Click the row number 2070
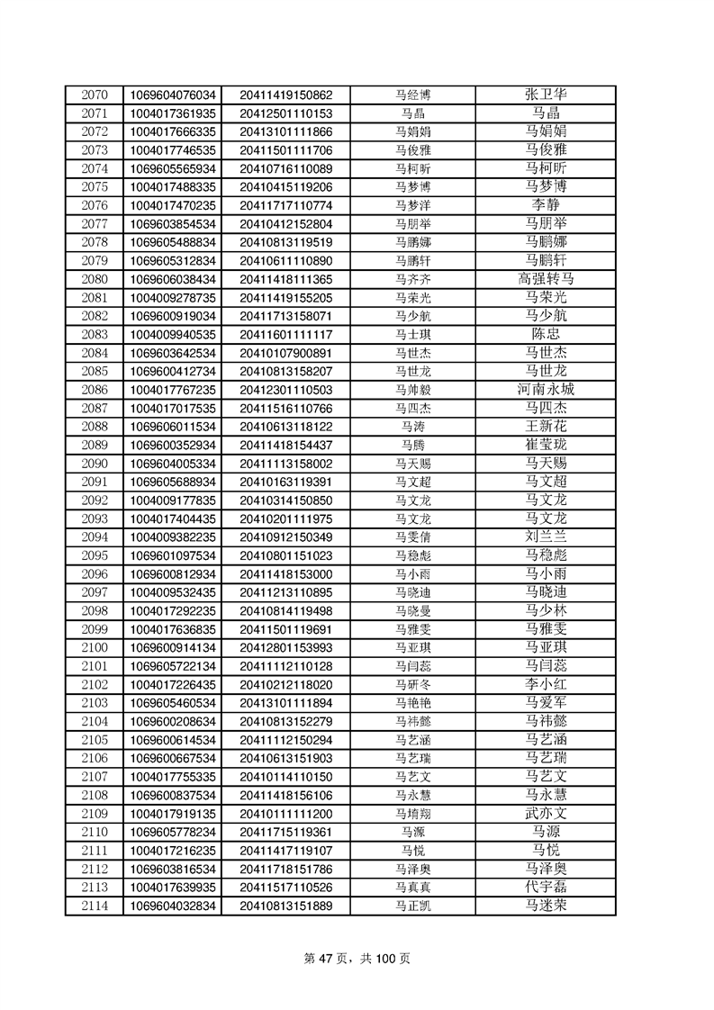pos(94,95)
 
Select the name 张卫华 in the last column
pos(546,95)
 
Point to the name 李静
pos(546,205)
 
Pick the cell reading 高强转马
pos(546,279)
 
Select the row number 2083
pos(94,334)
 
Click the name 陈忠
pos(546,334)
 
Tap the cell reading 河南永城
pos(546,390)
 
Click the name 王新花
pos(546,427)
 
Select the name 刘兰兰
pos(546,537)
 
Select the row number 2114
pos(94,906)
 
